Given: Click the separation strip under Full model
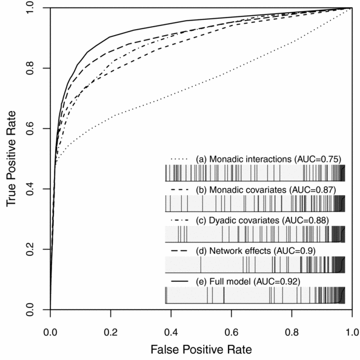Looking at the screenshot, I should pos(255,295).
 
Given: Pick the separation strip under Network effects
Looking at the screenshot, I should pos(255,264).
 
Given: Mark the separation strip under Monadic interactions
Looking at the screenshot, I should pos(255,173).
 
